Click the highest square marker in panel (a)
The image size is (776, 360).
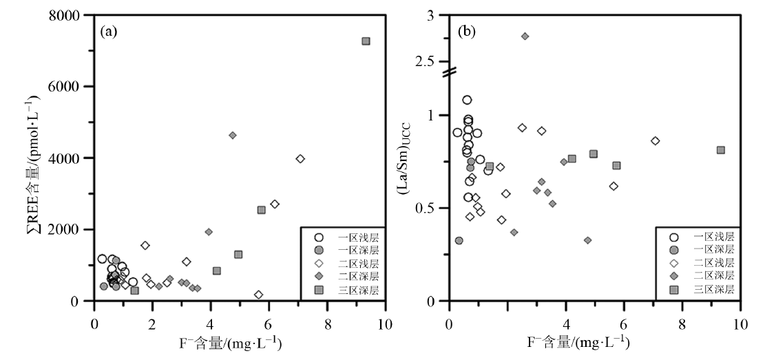(366, 41)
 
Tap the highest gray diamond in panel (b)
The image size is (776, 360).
(525, 36)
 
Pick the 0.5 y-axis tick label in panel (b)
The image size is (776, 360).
(428, 208)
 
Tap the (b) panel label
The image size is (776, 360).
(466, 31)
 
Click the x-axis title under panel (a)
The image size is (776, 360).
(240, 342)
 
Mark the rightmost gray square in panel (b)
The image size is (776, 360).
(720, 150)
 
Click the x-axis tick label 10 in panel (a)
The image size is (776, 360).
(385, 320)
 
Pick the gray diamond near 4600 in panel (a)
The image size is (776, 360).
(233, 136)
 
